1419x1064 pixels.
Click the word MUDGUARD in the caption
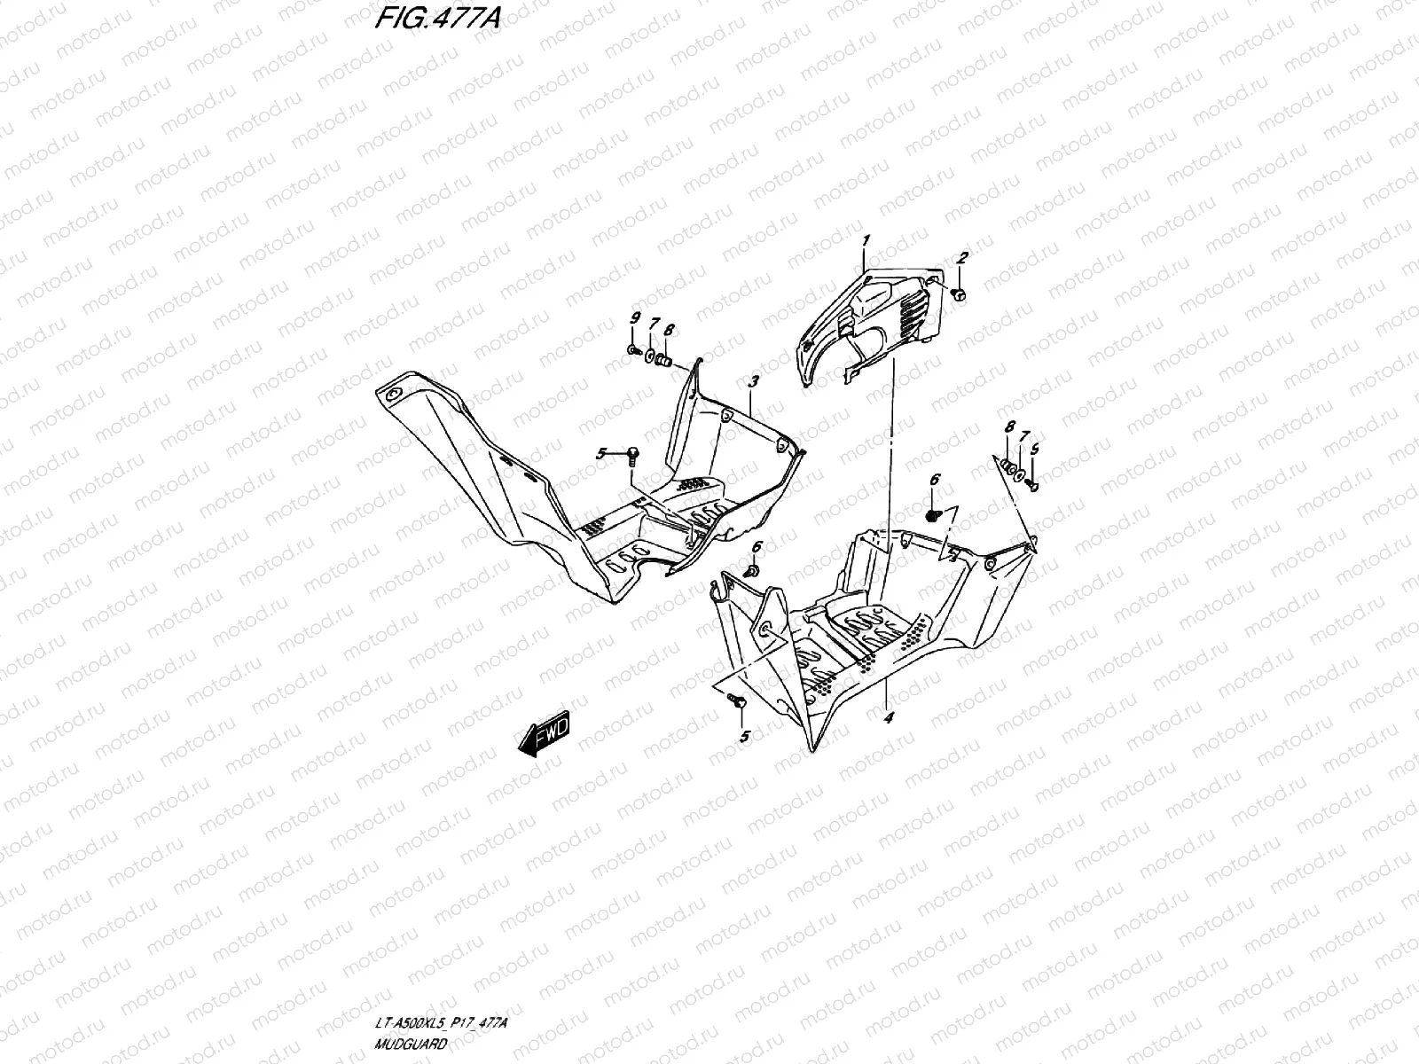tap(411, 1044)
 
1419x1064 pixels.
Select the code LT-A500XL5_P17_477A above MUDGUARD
tap(442, 1022)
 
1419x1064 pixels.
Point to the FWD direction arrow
tap(545, 733)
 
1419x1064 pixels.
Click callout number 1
tap(866, 241)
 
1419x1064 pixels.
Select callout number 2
tap(962, 258)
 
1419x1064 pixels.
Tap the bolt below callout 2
tap(960, 294)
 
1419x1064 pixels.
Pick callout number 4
tap(889, 717)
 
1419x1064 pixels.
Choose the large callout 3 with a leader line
tap(753, 382)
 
